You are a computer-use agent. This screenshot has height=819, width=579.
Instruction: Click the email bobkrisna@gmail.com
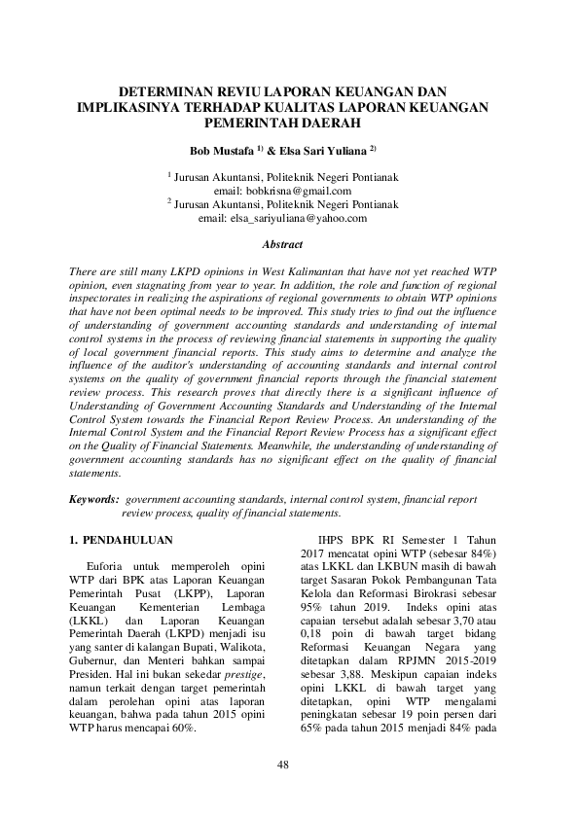295,192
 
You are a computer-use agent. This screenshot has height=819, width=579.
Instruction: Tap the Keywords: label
94,499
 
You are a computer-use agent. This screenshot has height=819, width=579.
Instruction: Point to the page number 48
283,765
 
